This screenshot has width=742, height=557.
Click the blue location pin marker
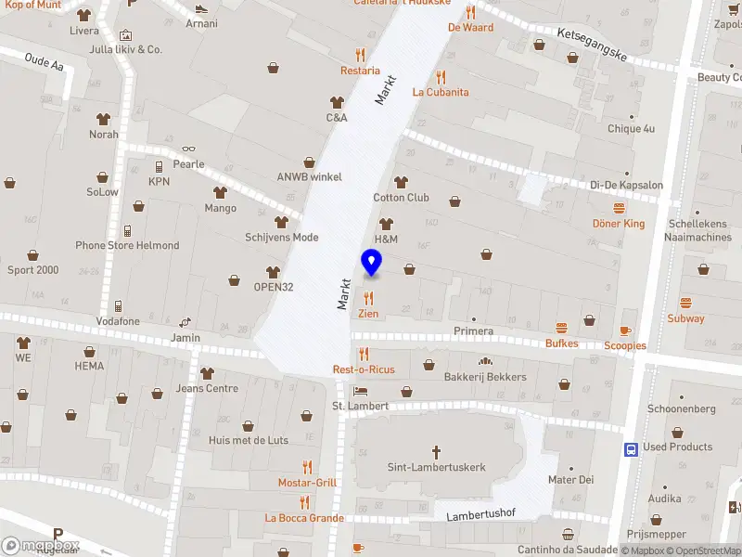(372, 264)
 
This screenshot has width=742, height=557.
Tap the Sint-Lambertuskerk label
(437, 467)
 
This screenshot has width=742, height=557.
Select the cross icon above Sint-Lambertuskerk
(437, 451)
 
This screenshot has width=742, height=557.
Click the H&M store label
(386, 240)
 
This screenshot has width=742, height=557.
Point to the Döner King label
(619, 224)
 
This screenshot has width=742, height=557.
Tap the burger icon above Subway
(685, 303)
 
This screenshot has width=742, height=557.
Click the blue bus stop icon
(631, 448)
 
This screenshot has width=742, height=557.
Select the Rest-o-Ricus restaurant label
(364, 369)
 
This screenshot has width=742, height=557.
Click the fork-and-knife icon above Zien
(368, 298)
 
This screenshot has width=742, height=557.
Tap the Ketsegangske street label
(592, 45)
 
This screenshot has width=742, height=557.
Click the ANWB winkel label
(310, 177)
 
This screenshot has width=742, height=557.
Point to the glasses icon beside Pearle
(188, 149)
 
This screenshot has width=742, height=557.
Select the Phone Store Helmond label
(127, 245)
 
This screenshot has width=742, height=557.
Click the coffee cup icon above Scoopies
(625, 330)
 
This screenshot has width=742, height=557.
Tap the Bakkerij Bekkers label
(485, 377)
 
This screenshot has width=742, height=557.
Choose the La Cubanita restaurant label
(441, 92)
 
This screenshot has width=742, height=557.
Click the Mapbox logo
(40, 546)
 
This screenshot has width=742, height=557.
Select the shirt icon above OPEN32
(273, 271)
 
